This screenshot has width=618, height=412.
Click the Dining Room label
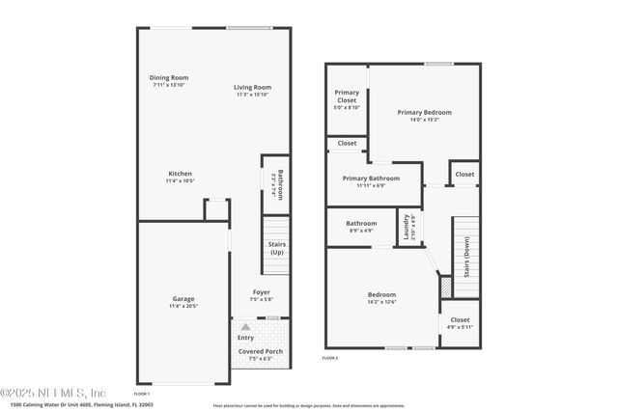[x=169, y=77]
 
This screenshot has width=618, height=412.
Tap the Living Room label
[x=252, y=88]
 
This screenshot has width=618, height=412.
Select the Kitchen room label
[x=180, y=174]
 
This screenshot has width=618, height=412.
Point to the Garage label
[x=183, y=299]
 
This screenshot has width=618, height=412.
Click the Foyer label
[x=262, y=292]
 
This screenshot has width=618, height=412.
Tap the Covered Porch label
[x=261, y=352]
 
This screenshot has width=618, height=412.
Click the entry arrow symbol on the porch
[x=245, y=328]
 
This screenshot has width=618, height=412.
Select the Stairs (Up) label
[x=276, y=248]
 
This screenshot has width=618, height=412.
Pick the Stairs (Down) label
[x=466, y=257]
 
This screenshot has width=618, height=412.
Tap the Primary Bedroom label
[x=424, y=112]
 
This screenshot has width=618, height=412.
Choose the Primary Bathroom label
[x=371, y=179]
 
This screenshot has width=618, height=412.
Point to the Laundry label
[x=407, y=229]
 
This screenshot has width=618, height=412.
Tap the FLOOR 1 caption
[x=141, y=394]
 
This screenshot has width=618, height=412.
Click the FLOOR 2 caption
[x=330, y=358]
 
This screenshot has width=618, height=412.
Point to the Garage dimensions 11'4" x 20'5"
[x=183, y=306]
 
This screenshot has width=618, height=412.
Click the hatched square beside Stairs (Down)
[x=445, y=287]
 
